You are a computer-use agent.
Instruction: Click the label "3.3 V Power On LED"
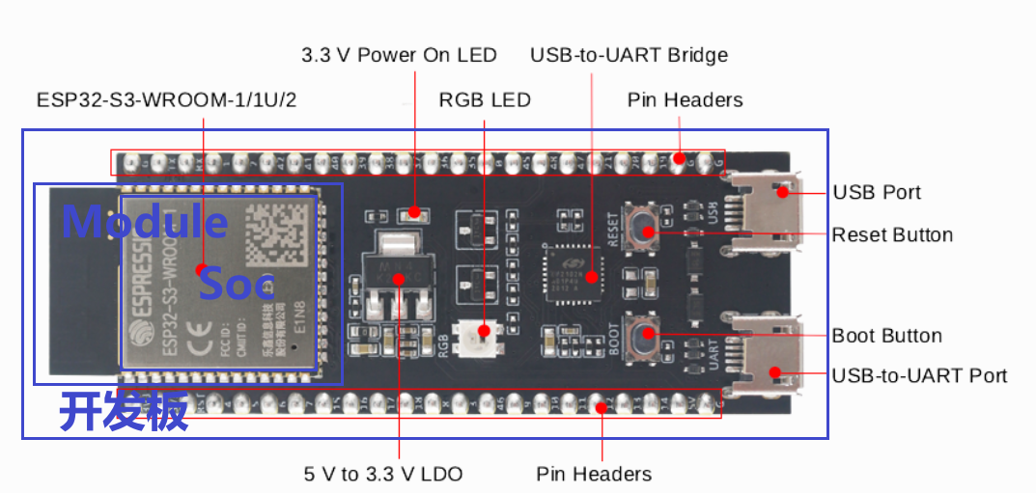[x=399, y=55]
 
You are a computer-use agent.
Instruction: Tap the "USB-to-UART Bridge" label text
[x=629, y=55]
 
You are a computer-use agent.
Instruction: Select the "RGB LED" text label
[x=485, y=100]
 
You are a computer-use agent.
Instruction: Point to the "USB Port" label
[x=877, y=192]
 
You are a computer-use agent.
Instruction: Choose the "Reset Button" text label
[x=892, y=234]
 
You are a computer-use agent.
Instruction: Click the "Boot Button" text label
[x=886, y=336]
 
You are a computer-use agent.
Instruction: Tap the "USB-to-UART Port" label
[x=919, y=375]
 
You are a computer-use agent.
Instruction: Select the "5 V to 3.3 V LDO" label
[x=383, y=474]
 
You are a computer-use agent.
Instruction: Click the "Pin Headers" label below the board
[x=594, y=474]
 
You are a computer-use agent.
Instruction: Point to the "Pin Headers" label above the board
[x=685, y=100]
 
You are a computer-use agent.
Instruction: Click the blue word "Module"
[x=145, y=222]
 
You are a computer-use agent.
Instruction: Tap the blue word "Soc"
[x=237, y=285]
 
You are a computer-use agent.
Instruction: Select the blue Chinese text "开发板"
[x=124, y=413]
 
